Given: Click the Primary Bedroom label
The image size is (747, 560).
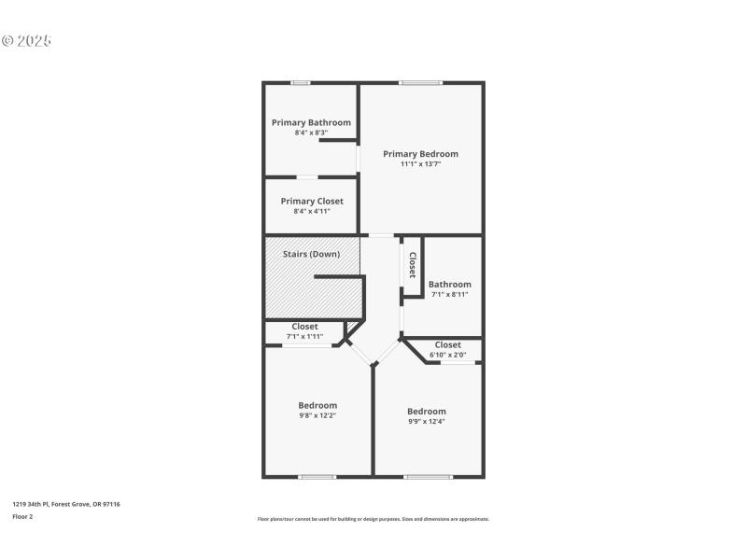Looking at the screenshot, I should tap(420, 154).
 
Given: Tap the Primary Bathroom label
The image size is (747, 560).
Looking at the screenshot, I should tap(311, 122).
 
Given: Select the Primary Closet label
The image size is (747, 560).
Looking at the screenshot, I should tap(312, 201).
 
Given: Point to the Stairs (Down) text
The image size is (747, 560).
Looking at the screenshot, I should tap(312, 253).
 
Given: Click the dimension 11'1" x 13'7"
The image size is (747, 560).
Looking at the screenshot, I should tap(420, 164).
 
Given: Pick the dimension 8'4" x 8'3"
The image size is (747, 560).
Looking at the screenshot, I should tap(311, 133).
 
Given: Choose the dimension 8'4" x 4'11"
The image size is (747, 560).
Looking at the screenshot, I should tap(312, 211).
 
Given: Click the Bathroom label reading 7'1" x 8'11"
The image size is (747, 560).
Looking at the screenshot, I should tap(449, 284).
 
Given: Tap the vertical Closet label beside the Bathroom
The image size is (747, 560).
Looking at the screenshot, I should tap(412, 264).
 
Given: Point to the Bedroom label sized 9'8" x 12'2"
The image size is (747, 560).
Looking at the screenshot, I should tap(317, 405).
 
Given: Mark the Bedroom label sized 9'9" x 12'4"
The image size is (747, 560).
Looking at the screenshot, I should tap(427, 411).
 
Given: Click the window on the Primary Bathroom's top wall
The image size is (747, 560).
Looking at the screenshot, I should tap(301, 83).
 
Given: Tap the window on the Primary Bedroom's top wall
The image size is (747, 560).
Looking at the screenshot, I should tap(420, 83).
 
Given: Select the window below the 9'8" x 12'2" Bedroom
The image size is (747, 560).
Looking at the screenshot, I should tap(317, 477).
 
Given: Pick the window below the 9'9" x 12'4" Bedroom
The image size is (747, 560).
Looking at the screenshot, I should tap(428, 477).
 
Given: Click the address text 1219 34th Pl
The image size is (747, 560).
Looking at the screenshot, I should tap(65, 504).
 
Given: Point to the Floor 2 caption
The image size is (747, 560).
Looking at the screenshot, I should tap(22, 516).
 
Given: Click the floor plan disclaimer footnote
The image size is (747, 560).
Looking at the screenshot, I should tap(373, 519).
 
